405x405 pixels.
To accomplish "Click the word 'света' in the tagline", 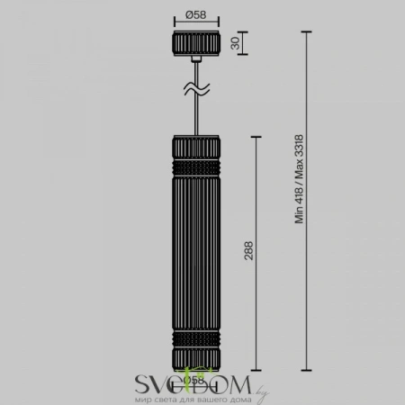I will pos(166,397).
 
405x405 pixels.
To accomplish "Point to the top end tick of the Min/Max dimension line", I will pos(308,31).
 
